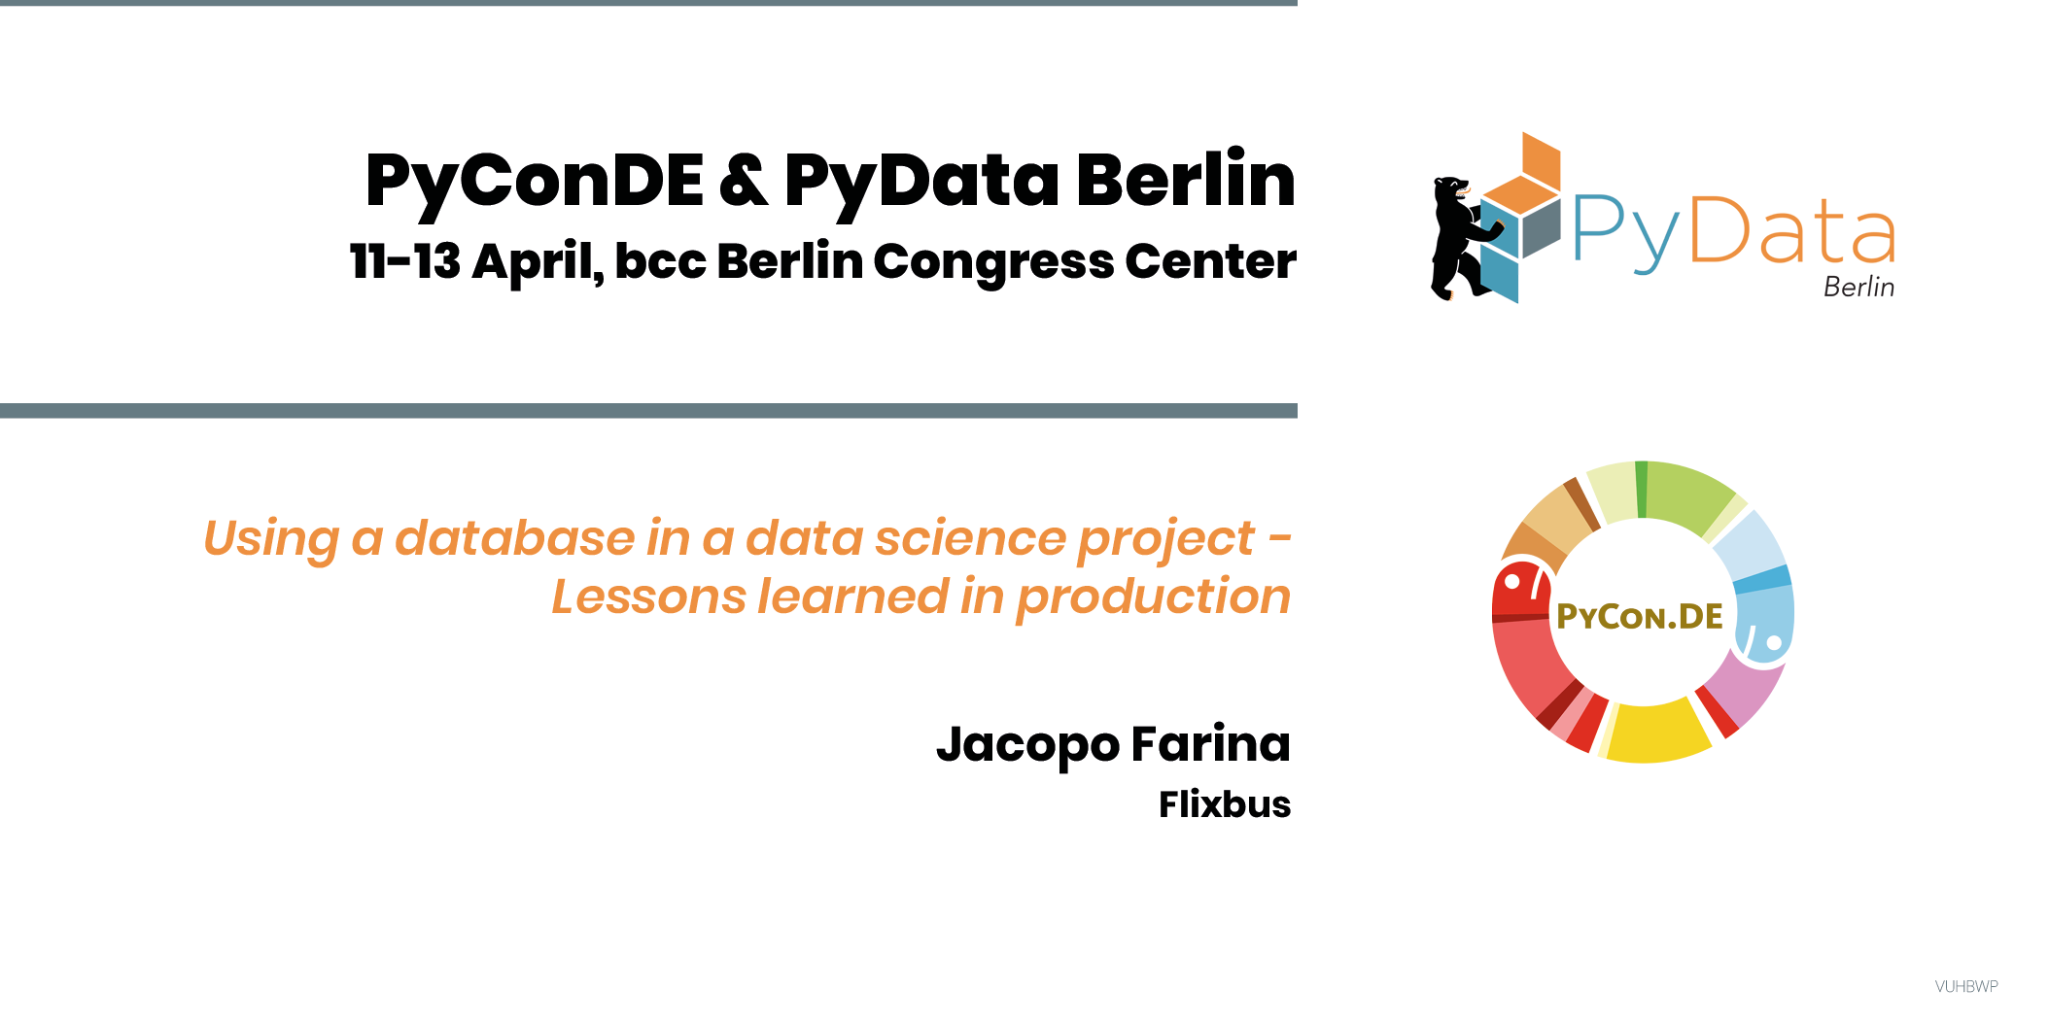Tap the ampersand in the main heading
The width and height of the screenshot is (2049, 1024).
point(744,181)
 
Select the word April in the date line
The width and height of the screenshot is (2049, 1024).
point(538,262)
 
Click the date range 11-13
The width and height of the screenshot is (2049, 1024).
point(405,260)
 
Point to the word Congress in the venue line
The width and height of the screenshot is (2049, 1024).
point(992,262)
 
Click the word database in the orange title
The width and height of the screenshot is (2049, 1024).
point(514,537)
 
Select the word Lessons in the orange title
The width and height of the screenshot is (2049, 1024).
point(652,596)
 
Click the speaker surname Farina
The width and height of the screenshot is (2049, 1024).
point(1211,744)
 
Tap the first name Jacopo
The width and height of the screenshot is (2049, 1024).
point(1027,746)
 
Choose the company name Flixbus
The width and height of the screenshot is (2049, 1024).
point(1225,804)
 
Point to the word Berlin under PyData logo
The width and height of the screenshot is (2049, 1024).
point(1858,287)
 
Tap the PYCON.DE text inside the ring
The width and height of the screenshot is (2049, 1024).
point(1639,616)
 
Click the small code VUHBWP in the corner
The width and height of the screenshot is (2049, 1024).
point(1966,986)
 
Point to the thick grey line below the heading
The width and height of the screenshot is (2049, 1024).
point(648,411)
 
